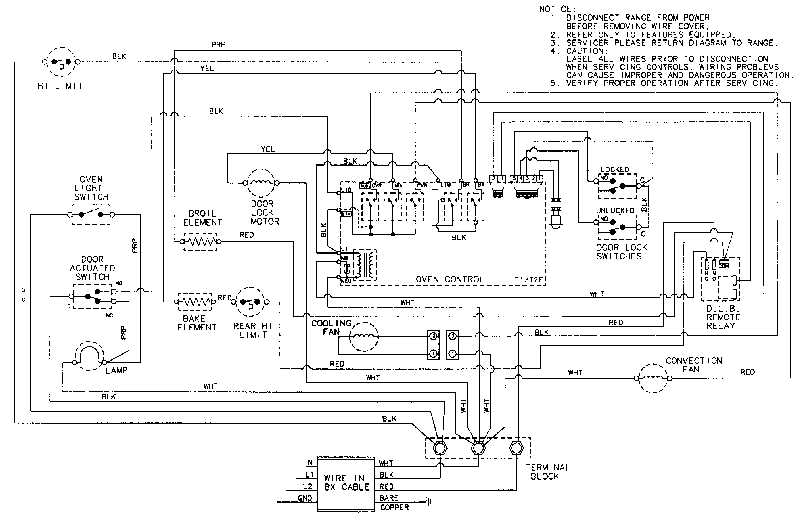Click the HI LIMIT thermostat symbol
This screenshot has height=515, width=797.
[61, 62]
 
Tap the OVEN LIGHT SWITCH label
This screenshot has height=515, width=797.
[91, 188]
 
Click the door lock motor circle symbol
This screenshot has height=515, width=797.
[261, 183]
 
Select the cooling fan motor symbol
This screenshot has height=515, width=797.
[364, 337]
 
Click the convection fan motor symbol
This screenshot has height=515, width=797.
[653, 378]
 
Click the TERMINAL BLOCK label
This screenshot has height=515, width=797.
[547, 472]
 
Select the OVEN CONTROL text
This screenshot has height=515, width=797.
[449, 280]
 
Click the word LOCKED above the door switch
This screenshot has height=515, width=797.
[615, 169]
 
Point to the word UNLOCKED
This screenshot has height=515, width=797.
[615, 211]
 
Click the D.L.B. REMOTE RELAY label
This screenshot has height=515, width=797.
[723, 317]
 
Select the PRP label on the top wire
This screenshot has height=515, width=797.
[218, 44]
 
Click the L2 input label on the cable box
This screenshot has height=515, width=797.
[308, 487]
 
